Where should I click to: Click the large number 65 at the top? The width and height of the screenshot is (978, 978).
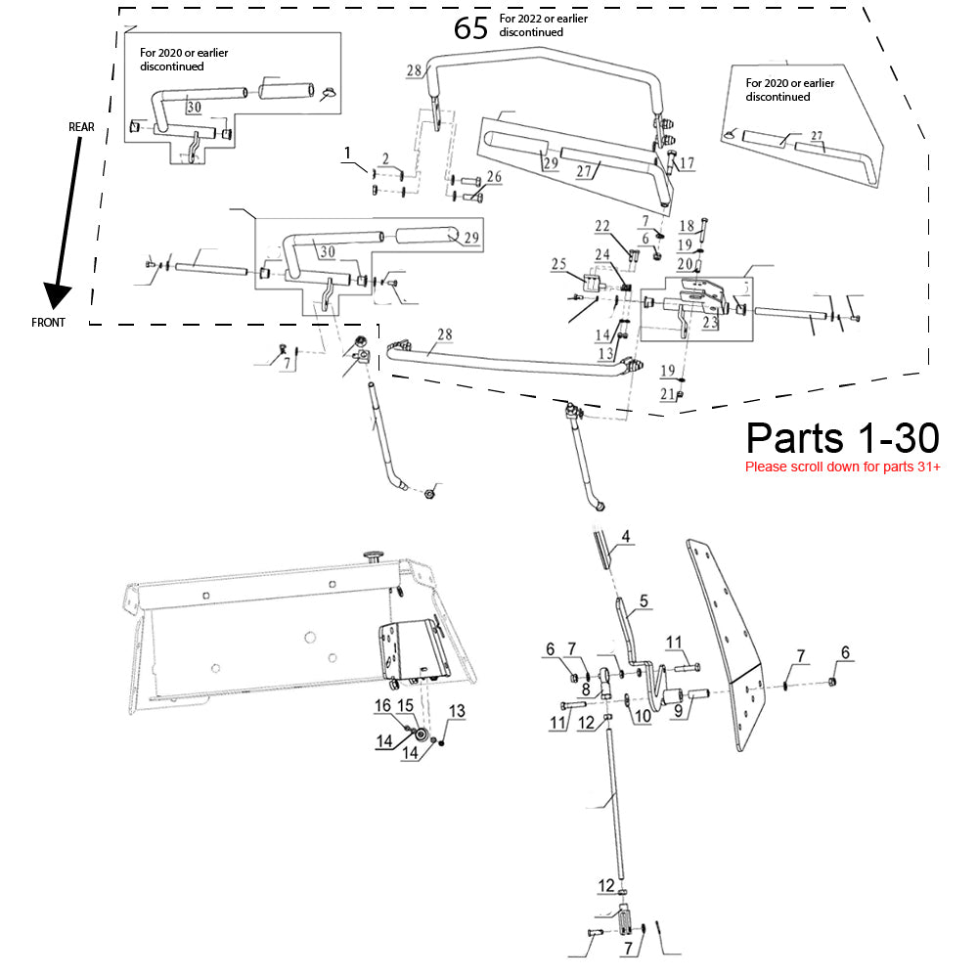pyautogui.click(x=470, y=28)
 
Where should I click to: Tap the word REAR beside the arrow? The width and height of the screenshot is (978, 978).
pyautogui.click(x=81, y=127)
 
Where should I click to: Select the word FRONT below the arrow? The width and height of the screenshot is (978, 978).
pyautogui.click(x=48, y=323)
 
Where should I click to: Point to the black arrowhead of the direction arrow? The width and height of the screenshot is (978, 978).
pyautogui.click(x=57, y=295)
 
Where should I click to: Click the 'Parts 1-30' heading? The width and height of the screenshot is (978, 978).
pyautogui.click(x=842, y=437)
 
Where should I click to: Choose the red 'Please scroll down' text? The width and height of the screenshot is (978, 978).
pyautogui.click(x=843, y=467)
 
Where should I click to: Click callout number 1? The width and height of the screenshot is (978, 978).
pyautogui.click(x=347, y=153)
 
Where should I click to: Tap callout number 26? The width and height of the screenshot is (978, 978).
pyautogui.click(x=494, y=177)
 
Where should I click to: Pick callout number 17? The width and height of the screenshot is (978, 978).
pyautogui.click(x=687, y=163)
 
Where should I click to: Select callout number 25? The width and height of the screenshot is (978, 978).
pyautogui.click(x=558, y=264)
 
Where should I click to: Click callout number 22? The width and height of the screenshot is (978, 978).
pyautogui.click(x=602, y=226)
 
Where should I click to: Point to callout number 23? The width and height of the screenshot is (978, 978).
pyautogui.click(x=710, y=322)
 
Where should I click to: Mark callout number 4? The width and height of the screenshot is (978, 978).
pyautogui.click(x=626, y=536)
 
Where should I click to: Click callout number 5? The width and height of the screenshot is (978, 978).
pyautogui.click(x=644, y=600)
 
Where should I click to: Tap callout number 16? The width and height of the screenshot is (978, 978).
pyautogui.click(x=382, y=705)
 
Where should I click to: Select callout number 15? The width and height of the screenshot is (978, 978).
pyautogui.click(x=406, y=705)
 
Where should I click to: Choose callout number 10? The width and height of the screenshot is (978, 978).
pyautogui.click(x=644, y=716)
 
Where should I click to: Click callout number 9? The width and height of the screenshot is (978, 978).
pyautogui.click(x=678, y=710)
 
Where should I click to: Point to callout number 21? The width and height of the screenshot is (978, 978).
pyautogui.click(x=667, y=394)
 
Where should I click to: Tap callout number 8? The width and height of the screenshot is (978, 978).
pyautogui.click(x=586, y=689)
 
